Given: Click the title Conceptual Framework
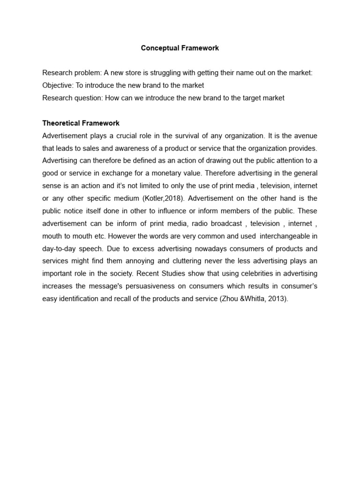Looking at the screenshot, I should (180, 48).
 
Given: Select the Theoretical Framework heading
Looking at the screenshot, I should (81, 123).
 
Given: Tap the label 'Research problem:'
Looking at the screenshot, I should (72, 73).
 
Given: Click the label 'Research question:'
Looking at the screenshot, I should (73, 98).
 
